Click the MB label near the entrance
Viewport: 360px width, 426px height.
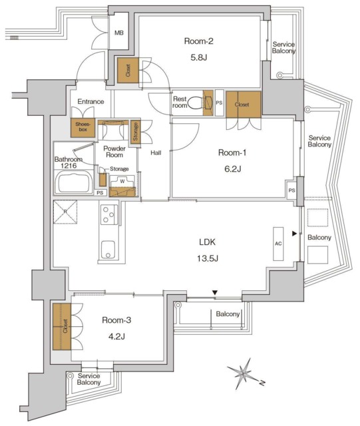(x=120, y=33)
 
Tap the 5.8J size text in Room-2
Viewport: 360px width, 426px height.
(x=198, y=57)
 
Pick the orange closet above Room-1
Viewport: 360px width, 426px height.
(x=243, y=104)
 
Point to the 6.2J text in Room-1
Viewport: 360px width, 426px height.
(x=233, y=169)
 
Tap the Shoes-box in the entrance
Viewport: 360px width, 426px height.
(x=83, y=127)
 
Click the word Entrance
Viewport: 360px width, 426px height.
(x=90, y=102)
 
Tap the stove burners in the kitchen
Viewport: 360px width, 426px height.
(x=108, y=214)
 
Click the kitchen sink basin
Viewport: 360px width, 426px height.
(x=108, y=250)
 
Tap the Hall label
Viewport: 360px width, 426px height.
(x=156, y=153)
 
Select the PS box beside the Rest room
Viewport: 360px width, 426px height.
(x=220, y=103)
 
